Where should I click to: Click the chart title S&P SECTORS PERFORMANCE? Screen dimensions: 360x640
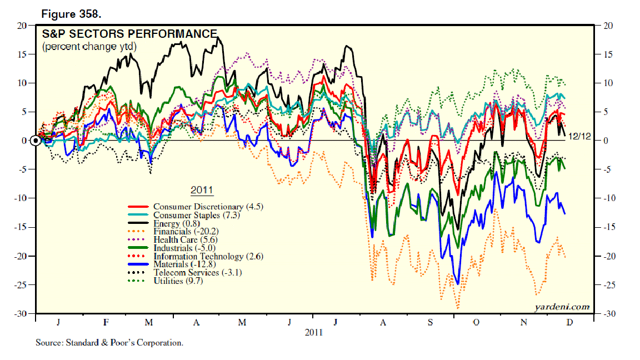click(129, 34)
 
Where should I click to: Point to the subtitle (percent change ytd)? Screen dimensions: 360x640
click(89, 47)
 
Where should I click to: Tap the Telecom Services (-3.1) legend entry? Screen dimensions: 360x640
click(197, 273)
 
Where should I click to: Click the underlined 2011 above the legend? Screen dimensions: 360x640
click(202, 191)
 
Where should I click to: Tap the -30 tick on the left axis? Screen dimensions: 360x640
click(22, 314)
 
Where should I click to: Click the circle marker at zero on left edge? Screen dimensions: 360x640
click(36, 141)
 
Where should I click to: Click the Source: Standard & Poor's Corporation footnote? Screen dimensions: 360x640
click(109, 343)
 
